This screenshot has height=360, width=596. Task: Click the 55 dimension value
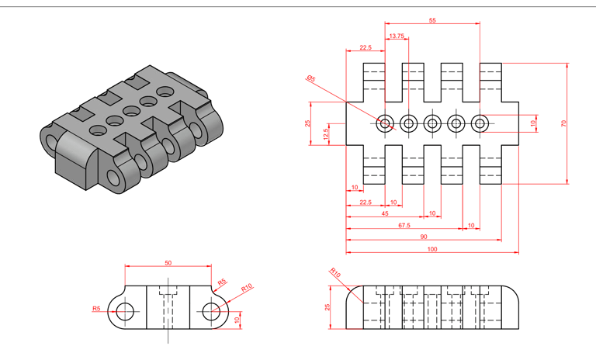[x=432, y=21]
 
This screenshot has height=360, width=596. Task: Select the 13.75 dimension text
[x=397, y=36]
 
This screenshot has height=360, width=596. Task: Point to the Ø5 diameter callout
[x=310, y=78]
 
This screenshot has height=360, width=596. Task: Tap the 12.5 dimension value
[x=325, y=133]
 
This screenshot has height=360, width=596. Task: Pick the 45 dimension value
[x=385, y=213]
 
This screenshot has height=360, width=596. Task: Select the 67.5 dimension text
[x=404, y=225]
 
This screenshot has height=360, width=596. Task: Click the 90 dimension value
[x=423, y=237]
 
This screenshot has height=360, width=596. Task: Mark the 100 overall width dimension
[x=432, y=248]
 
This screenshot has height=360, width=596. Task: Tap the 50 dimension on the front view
[x=168, y=263]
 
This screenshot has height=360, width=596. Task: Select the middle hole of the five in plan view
[x=432, y=123]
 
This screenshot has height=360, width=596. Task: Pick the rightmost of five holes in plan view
[x=480, y=123]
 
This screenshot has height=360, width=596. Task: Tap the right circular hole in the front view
[x=211, y=312]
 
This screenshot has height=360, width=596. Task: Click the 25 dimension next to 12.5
[x=307, y=123]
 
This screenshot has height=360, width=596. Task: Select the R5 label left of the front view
[x=96, y=309]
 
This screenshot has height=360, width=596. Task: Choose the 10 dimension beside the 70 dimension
[x=533, y=123]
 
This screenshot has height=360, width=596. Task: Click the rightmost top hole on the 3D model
[x=164, y=92]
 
